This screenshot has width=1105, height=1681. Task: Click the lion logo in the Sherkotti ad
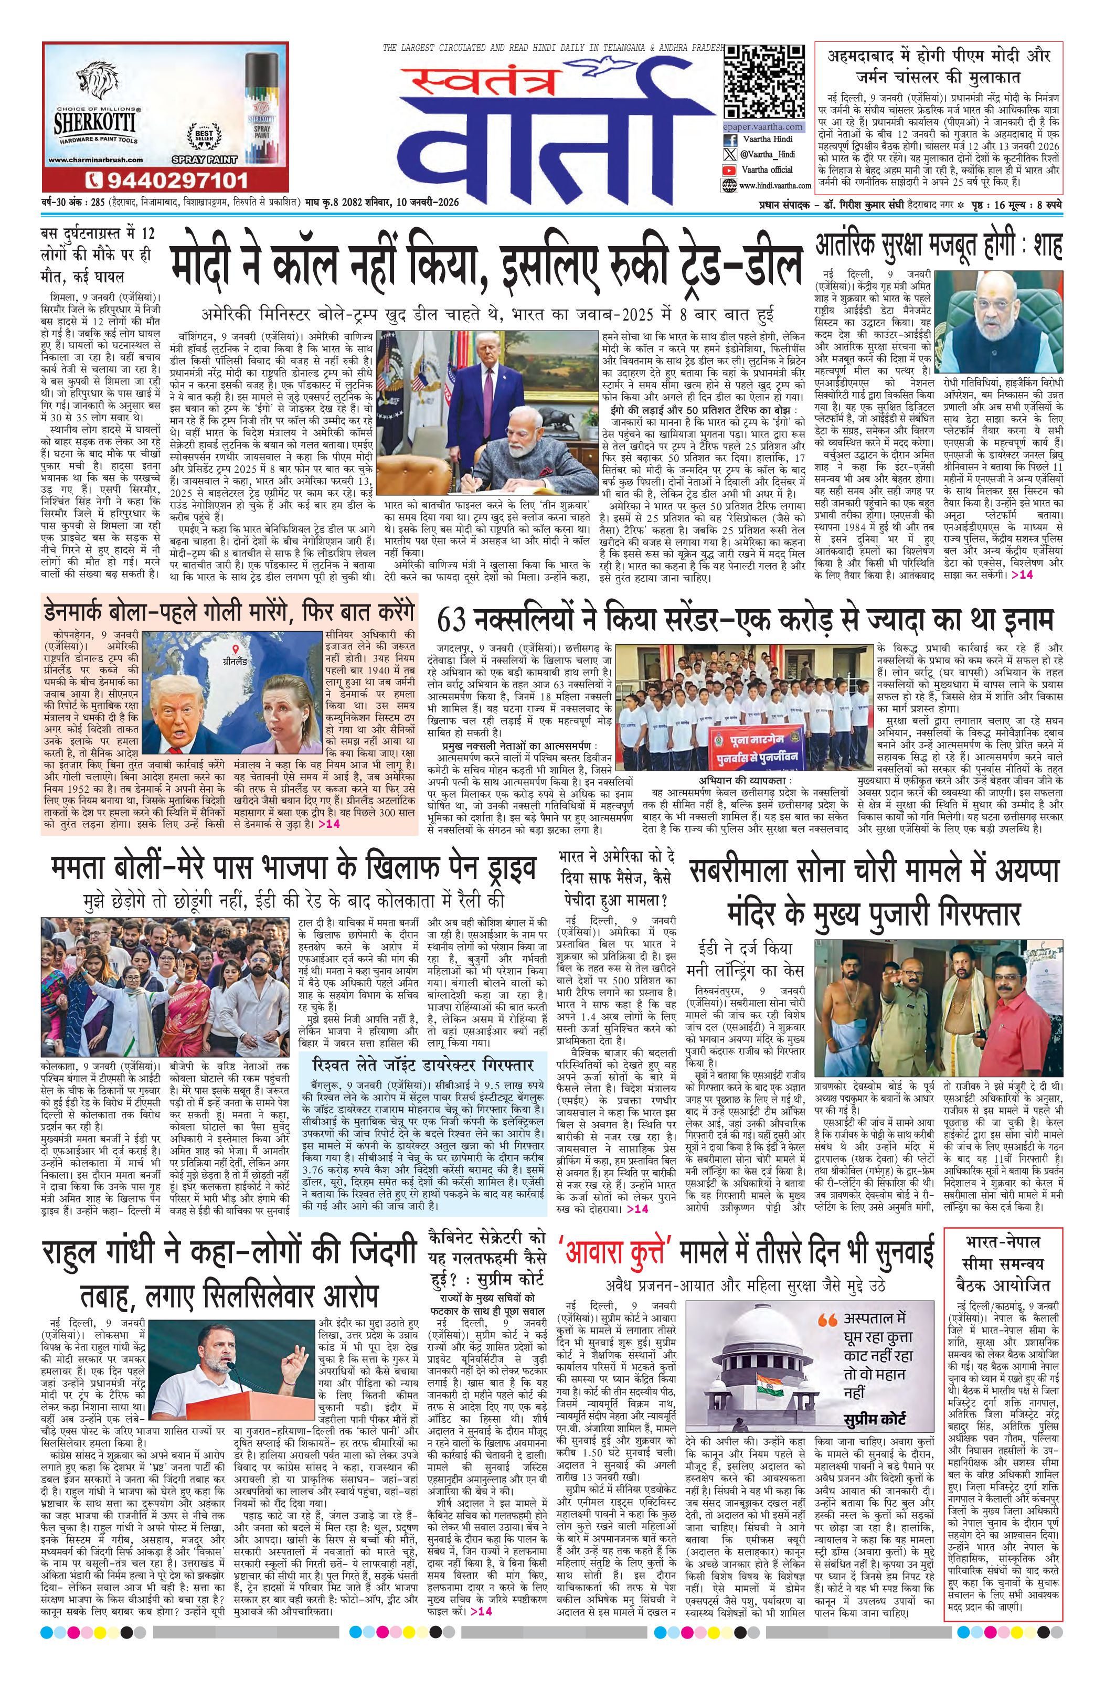pyautogui.click(x=98, y=82)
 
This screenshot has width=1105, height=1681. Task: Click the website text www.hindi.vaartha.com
pyautogui.click(x=766, y=185)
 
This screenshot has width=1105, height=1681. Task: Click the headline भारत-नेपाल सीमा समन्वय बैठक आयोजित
pyautogui.click(x=1003, y=1262)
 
